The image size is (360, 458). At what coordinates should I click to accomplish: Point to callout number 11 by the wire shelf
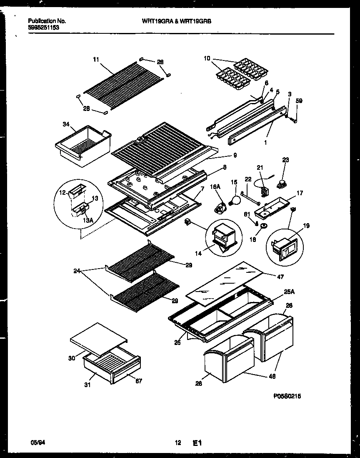coord(96,60)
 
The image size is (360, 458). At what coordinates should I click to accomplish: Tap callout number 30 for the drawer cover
coord(72,357)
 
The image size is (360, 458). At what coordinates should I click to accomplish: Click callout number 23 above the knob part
coord(285,159)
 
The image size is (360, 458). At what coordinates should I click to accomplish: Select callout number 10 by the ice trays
coord(207,58)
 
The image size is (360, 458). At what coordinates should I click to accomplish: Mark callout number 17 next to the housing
coord(300,193)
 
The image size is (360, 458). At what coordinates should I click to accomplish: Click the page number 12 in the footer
coord(178,443)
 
